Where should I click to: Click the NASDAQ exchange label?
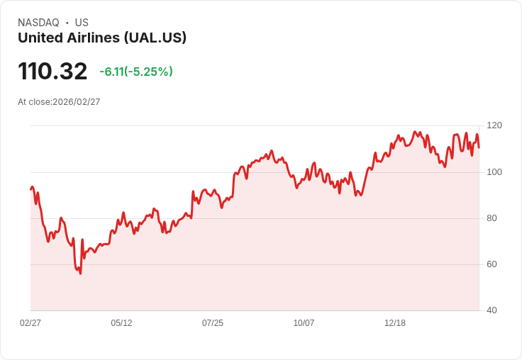[x=38, y=23]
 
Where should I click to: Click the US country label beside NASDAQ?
[x=82, y=23]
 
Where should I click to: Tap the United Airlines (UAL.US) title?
[x=102, y=38]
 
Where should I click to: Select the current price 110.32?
[x=52, y=72]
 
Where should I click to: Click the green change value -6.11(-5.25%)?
[x=136, y=72]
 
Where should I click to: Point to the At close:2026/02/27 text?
[x=59, y=102]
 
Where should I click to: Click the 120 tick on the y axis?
[x=494, y=125]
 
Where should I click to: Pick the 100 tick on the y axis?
[x=494, y=172]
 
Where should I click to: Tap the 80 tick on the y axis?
[x=491, y=218]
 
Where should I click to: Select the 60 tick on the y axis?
[x=491, y=264]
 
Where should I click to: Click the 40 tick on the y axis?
[x=491, y=310]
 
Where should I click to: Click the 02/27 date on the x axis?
[x=30, y=323]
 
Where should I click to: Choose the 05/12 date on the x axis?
[x=121, y=323]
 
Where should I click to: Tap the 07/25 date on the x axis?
[x=213, y=323]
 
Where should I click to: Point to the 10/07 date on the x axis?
[x=304, y=323]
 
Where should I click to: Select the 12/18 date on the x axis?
[x=395, y=323]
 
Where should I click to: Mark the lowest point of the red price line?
[x=80, y=274]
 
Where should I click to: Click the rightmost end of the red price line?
[x=479, y=147]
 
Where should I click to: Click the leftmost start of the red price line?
[x=30, y=189]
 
